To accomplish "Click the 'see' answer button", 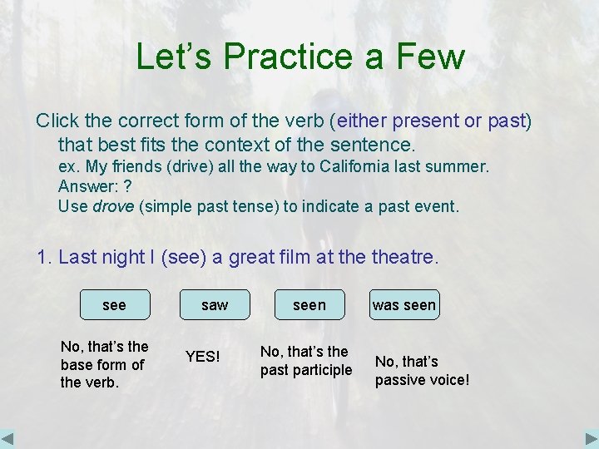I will pos(114,305).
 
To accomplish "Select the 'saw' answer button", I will pos(215,305).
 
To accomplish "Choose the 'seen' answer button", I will pos(309,305).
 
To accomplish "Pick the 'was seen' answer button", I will pos(403,305).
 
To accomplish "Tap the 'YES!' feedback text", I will pos(202,357).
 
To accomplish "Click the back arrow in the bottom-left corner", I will pos(8,438).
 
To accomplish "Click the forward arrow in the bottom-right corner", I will pos(590,438).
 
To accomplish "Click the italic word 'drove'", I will pos(113,206).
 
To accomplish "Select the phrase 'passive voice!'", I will pos(422,381).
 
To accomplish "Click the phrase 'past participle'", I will pos(306,370).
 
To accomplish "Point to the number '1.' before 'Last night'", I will pos(45,258).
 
